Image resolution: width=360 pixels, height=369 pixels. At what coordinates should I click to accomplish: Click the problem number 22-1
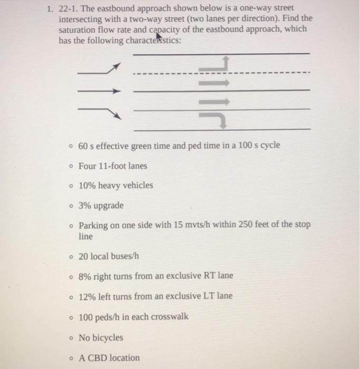pos(68,9)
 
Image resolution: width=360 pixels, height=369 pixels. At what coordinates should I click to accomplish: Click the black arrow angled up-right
pos(99,69)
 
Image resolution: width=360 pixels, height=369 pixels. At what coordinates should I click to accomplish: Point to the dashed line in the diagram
pos(221,73)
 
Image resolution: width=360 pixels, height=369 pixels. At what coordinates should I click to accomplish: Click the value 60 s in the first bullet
pos(86,145)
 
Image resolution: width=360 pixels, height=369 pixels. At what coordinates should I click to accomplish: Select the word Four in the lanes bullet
pos(88,166)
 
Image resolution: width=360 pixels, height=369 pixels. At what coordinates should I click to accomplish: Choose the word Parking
pos(93,225)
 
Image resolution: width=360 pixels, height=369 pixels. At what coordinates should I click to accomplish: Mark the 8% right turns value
pos(84,276)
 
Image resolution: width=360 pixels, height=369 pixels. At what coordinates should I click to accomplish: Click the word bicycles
pos(108,337)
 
